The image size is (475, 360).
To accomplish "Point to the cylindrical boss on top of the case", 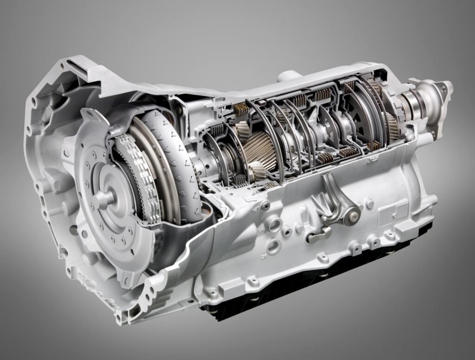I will [x=289, y=76].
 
